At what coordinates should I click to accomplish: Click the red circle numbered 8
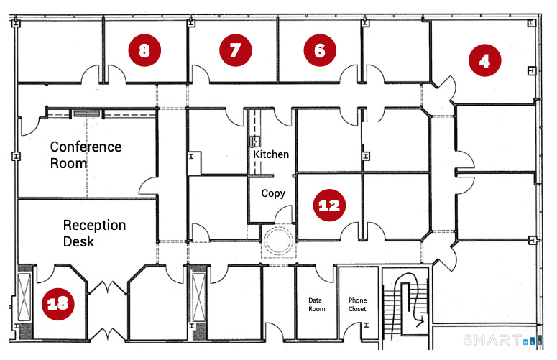coord(144,50)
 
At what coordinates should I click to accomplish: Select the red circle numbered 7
coord(234,50)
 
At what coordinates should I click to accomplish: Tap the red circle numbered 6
coord(320,50)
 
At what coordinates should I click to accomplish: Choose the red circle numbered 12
coord(329,206)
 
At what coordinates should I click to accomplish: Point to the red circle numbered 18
coord(57,303)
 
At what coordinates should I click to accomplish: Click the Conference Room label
coord(86,154)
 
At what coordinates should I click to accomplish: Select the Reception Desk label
coord(93,233)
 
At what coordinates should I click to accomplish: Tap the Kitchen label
coord(271,154)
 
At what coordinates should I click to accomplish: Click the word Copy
coord(273,193)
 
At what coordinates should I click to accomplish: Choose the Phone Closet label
coord(357,304)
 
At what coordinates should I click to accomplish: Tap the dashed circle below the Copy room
coord(277,241)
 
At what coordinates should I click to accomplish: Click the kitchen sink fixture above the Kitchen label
coord(254,142)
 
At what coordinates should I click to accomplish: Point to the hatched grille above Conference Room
coord(86,114)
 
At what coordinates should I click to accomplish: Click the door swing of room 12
coord(350,230)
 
